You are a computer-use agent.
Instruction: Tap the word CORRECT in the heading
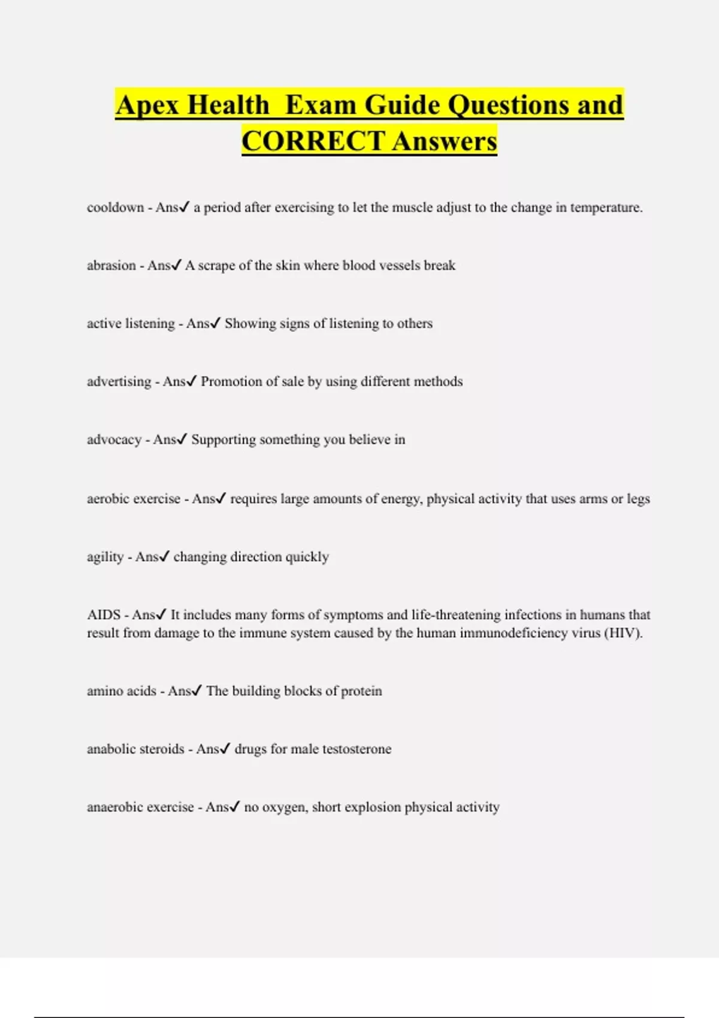coord(313,141)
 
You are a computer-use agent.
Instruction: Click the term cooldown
coord(115,208)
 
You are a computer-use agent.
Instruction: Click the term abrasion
coord(111,265)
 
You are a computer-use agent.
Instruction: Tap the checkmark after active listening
coord(215,323)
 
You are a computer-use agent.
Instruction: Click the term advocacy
coord(114,440)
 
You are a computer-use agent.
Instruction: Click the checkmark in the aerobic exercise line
coord(220,498)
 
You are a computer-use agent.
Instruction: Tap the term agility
coord(105,557)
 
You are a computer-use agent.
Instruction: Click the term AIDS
coord(104,615)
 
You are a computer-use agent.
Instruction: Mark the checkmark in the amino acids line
coord(197,691)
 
